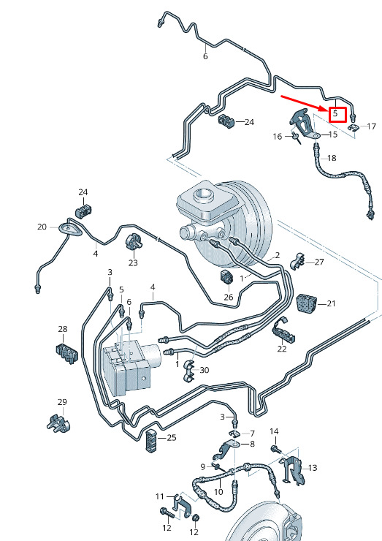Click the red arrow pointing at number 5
[303, 103]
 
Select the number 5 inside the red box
[335, 113]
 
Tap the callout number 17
[371, 126]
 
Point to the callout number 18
[332, 158]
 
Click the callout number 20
[42, 227]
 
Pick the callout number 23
[133, 263]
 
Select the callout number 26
[228, 297]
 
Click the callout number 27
[319, 262]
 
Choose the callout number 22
[282, 349]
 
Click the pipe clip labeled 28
[67, 353]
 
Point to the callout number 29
[62, 402]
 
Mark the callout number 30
[205, 370]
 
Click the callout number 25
[172, 437]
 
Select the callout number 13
[313, 468]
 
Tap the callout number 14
[274, 431]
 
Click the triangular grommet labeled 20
[69, 230]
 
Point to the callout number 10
[218, 492]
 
